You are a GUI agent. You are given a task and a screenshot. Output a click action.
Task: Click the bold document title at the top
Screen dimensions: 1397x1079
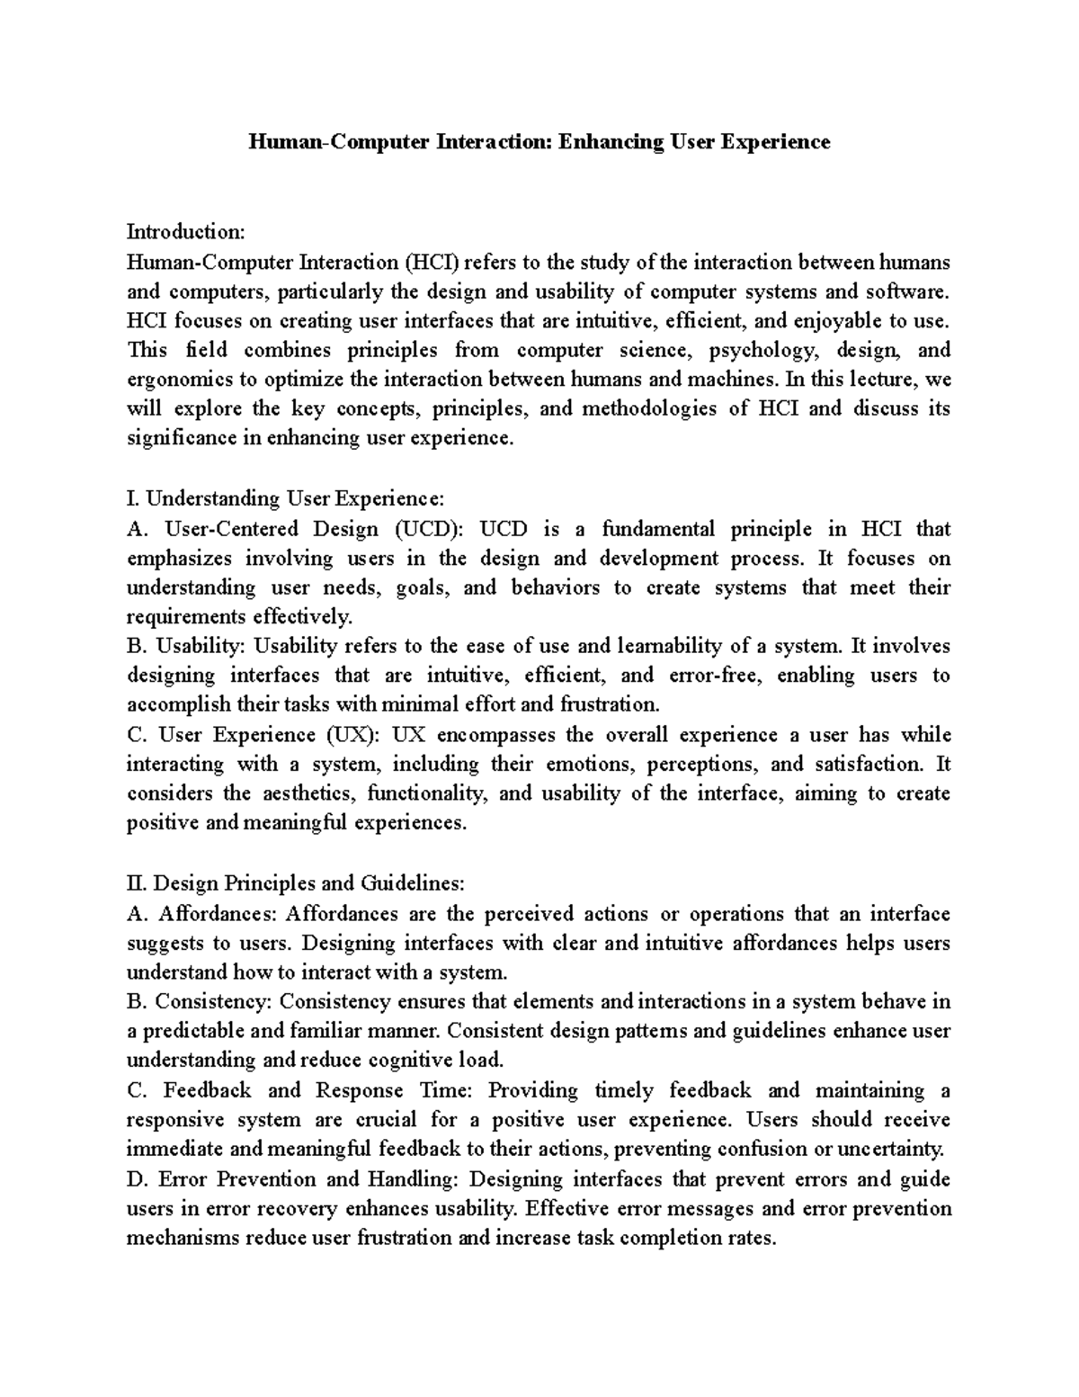[539, 142]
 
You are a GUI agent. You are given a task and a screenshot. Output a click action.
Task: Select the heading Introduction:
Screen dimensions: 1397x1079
[185, 232]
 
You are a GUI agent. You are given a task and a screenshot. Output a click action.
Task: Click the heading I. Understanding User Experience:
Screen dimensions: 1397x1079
[285, 498]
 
